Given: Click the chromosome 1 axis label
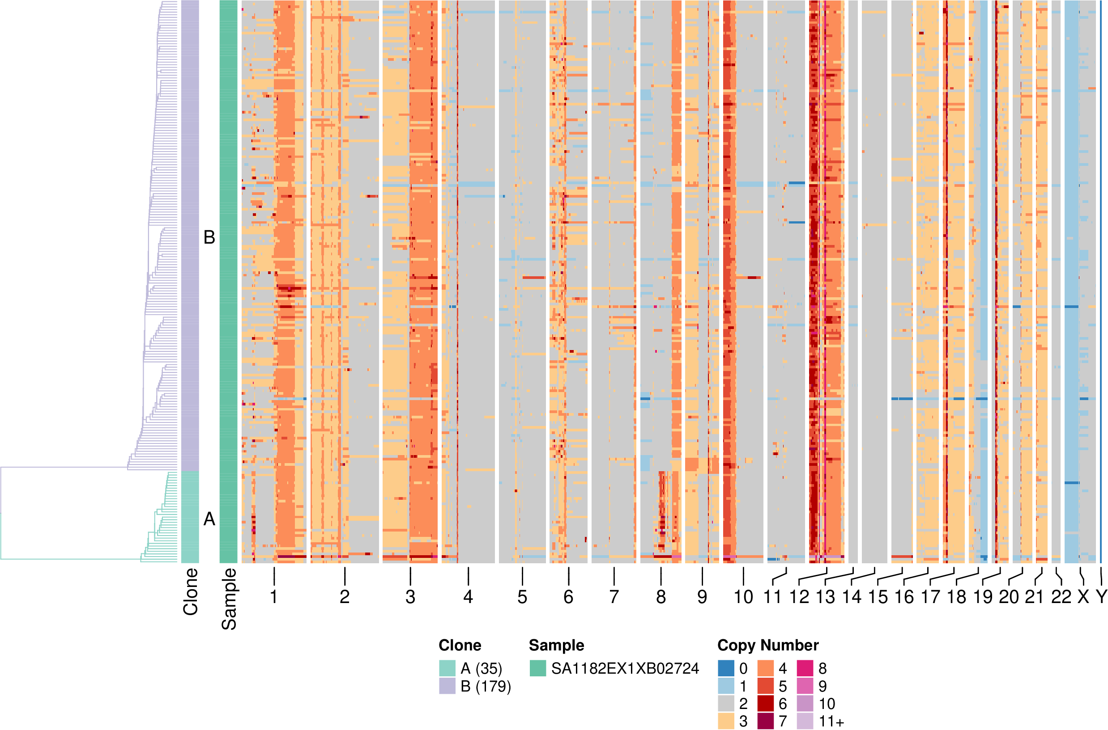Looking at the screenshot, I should [274, 597].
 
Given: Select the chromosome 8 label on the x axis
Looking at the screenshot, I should [661, 597].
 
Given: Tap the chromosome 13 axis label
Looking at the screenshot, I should [825, 597].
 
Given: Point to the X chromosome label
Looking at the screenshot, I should [1083, 597].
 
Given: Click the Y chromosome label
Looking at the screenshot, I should [1101, 597].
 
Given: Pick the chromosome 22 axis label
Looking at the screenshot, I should [1061, 597].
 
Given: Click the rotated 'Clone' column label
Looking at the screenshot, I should [191, 592].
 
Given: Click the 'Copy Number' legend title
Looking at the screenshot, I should [768, 645].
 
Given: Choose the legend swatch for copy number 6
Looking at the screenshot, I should [765, 704].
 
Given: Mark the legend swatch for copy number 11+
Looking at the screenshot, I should [805, 721].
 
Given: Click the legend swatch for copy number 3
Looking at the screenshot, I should [726, 721].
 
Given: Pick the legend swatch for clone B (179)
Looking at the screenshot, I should [447, 686].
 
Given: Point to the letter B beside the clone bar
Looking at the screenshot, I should [210, 237].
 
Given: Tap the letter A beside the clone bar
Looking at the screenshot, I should [210, 519].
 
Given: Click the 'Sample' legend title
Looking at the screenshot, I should [556, 645].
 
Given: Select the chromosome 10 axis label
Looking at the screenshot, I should [743, 597].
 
